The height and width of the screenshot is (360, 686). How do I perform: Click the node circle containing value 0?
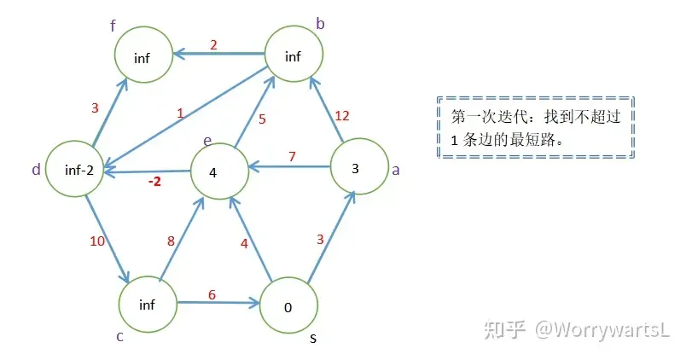[x=288, y=307]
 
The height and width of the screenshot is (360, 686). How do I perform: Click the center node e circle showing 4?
[x=212, y=172]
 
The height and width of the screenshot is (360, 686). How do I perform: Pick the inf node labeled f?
[x=142, y=57]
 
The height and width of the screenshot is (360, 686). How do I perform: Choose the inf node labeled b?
[x=293, y=56]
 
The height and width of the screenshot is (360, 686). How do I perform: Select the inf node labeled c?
[x=146, y=305]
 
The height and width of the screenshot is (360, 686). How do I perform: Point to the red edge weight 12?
[x=344, y=115]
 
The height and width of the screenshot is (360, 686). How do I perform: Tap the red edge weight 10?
[x=97, y=241]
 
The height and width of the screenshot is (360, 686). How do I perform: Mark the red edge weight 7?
[x=292, y=156]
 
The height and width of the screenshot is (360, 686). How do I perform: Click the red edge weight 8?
[x=171, y=241]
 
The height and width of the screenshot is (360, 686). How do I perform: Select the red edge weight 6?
[x=211, y=293]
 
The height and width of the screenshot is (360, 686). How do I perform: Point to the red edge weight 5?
[x=262, y=119]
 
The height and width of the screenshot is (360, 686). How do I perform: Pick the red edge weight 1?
[x=180, y=113]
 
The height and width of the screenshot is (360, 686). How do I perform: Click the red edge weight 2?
[x=213, y=44]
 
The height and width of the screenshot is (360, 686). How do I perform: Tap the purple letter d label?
[x=36, y=170]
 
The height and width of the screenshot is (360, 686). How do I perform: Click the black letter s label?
[x=313, y=339]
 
